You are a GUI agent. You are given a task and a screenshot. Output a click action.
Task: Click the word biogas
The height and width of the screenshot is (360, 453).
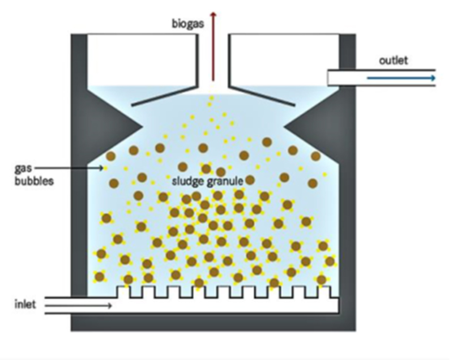[188, 24]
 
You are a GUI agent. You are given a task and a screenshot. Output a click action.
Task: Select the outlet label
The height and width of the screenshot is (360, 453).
[394, 61]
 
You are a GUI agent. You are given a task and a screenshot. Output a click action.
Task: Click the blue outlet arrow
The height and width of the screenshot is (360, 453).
[401, 78]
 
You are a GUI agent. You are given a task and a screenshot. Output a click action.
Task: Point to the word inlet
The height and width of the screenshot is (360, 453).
[25, 305]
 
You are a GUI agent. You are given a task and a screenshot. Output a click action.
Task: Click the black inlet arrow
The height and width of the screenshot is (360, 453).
[78, 306]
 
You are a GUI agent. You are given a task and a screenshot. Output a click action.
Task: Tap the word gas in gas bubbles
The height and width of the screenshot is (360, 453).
[23, 169]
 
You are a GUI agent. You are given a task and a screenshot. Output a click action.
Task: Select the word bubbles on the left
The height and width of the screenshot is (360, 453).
[34, 181]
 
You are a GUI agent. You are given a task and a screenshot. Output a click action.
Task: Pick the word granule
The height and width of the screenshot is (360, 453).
[225, 182]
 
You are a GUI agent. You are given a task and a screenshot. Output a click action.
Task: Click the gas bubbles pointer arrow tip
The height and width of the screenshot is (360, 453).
[103, 168]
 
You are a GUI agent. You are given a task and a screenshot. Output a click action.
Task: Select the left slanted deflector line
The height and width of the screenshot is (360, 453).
[164, 96]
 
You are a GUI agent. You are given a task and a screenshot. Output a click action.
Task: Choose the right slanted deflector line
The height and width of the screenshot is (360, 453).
[262, 96]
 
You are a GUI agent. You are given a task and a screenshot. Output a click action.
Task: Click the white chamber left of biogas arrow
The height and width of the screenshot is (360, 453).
[142, 60]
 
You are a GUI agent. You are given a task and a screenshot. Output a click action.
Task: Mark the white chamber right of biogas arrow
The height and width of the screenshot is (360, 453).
[284, 60]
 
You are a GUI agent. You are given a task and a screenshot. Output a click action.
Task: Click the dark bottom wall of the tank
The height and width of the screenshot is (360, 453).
[213, 323]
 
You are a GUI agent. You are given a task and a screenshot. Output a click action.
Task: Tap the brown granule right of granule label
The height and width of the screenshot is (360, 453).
[250, 180]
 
